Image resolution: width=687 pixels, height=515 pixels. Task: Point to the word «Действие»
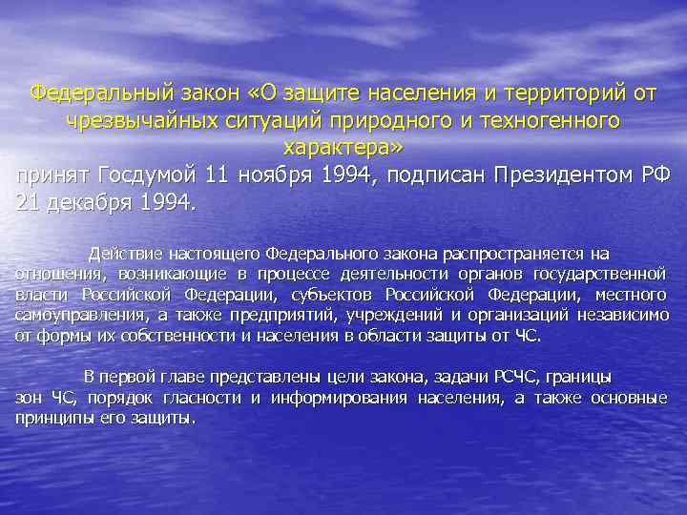point(125,254)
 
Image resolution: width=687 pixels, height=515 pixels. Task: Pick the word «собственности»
point(197,335)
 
